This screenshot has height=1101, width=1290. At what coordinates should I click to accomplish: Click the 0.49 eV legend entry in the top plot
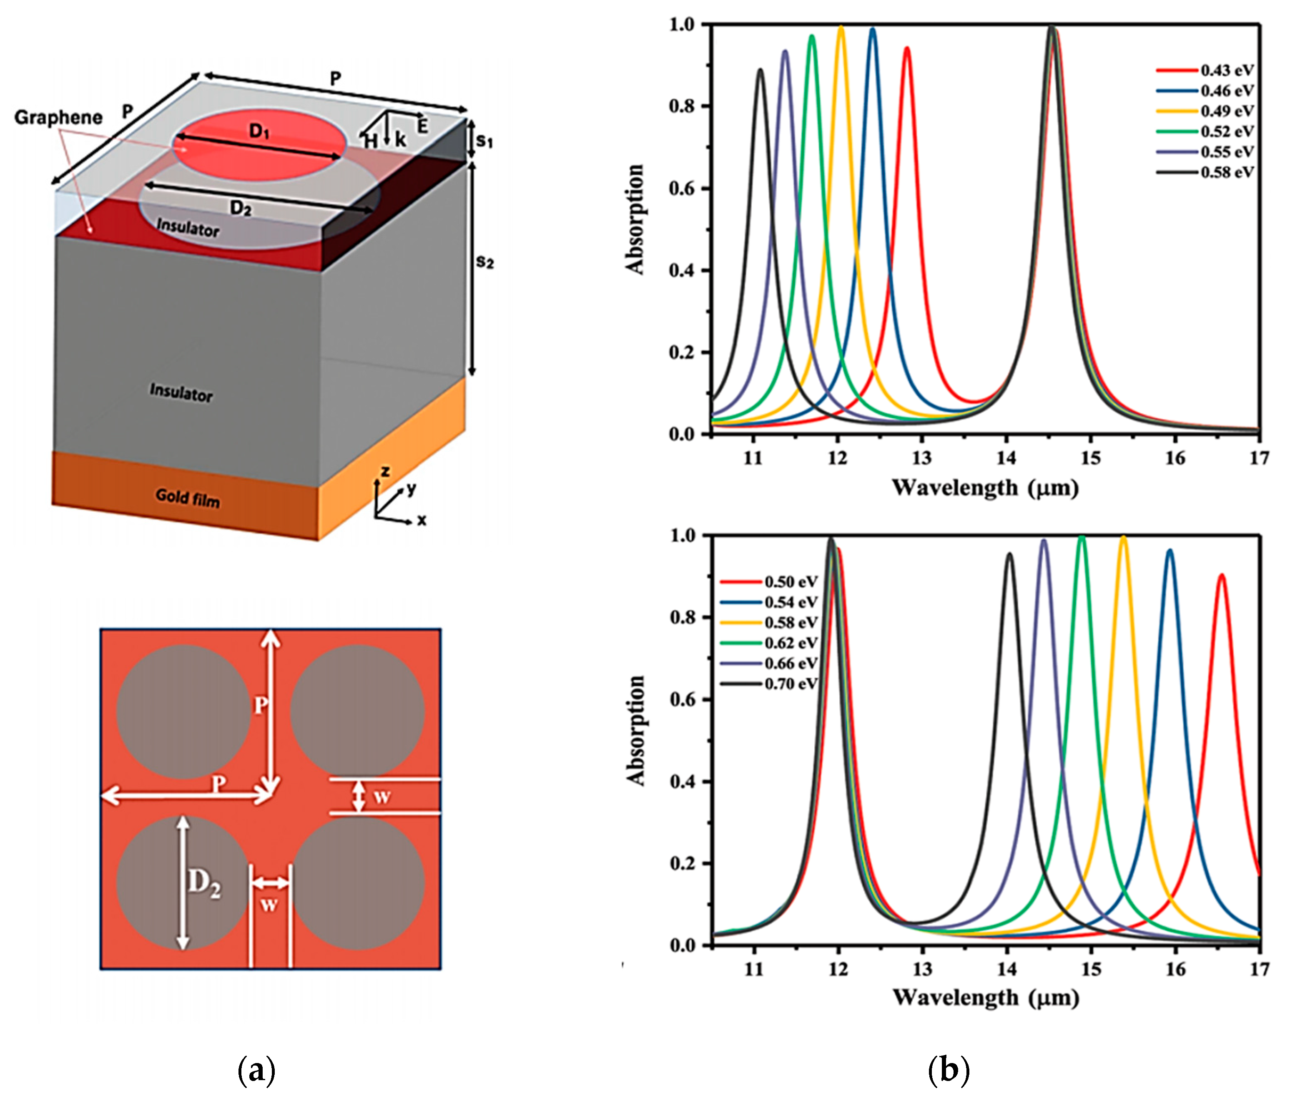1227,111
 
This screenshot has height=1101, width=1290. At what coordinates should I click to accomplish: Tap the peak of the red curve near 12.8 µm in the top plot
907,48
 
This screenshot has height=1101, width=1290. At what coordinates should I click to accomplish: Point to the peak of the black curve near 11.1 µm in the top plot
760,70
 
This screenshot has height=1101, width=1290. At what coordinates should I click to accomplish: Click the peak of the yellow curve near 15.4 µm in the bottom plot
1123,538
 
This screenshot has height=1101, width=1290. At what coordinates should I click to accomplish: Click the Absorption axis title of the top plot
635,219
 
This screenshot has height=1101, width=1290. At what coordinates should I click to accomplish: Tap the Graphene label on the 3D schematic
58,118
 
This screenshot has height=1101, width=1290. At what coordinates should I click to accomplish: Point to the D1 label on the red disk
259,131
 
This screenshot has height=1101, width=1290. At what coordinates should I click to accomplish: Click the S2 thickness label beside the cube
484,262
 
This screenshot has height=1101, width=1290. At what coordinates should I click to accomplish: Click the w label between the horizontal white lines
381,797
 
